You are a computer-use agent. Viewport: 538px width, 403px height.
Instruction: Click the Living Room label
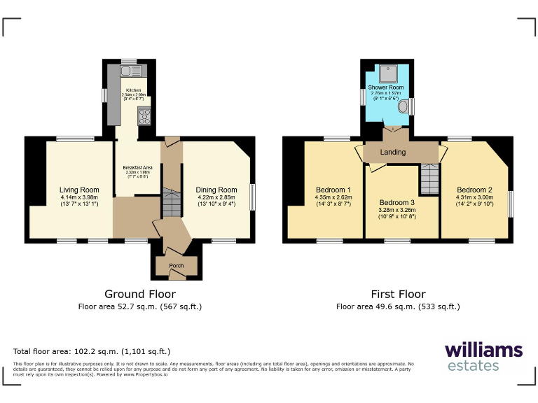click(79, 190)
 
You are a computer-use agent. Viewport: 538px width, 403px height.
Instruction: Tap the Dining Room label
click(216, 190)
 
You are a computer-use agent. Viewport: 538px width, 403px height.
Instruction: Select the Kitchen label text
click(133, 90)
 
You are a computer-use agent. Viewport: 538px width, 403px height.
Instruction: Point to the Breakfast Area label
click(138, 167)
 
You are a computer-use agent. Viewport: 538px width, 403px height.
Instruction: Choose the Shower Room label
click(386, 87)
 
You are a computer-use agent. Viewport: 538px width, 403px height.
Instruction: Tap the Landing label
click(393, 153)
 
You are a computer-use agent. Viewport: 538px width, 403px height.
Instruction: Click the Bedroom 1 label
click(334, 190)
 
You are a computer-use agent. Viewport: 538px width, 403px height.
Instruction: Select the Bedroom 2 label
click(474, 190)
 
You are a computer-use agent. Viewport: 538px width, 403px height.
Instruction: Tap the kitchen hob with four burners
click(145, 115)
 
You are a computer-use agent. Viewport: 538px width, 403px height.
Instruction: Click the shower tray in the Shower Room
click(386, 71)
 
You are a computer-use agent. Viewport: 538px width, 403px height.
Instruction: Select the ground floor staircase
click(172, 201)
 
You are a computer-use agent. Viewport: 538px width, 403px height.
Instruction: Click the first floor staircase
click(429, 180)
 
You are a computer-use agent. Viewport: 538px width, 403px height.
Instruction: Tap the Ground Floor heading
click(140, 295)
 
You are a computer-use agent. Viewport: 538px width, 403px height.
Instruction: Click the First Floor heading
click(398, 295)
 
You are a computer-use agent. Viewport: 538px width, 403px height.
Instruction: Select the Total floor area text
click(92, 351)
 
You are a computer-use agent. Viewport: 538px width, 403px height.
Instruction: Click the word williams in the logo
click(483, 350)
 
